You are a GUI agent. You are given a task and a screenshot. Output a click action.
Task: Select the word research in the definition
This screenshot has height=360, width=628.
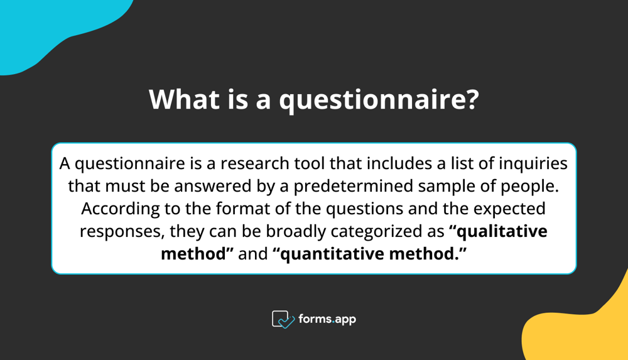(259, 164)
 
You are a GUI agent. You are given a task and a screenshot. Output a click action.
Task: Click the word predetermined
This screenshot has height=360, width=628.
(359, 187)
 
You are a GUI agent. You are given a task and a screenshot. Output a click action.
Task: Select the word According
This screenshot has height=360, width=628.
(118, 208)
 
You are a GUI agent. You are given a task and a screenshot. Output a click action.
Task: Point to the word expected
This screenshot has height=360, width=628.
(506, 208)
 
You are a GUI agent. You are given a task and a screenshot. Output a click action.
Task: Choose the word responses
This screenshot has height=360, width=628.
(122, 231)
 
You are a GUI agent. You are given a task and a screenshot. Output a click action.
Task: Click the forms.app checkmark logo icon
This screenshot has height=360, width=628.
(283, 319)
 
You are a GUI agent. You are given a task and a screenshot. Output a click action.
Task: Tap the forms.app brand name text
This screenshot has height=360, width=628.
(327, 319)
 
